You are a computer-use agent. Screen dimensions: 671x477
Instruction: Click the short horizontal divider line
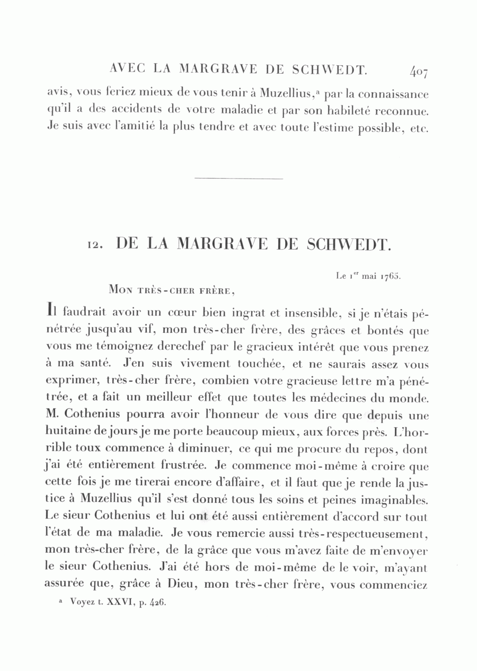point(238,178)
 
